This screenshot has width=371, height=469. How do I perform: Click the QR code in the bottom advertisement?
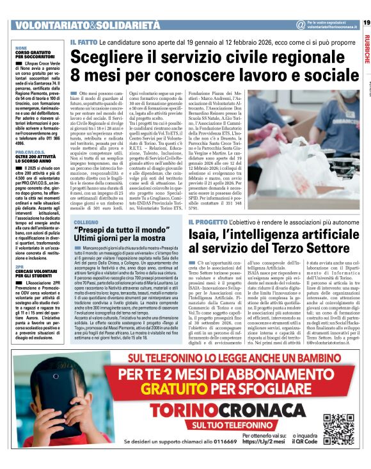338,428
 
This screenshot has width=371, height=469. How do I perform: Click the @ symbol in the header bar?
300,24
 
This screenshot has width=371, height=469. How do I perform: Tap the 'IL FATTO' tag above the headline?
84,42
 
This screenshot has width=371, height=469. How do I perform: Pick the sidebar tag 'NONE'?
21,47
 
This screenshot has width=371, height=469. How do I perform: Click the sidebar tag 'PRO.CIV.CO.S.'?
30,152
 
